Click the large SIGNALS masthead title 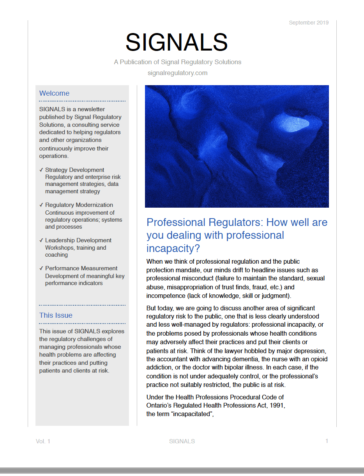point(177,42)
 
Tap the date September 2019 point(309,23)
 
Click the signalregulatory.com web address point(177,73)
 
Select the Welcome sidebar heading point(54,93)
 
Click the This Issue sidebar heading point(56,315)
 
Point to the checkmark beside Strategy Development point(41,170)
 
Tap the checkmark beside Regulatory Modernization point(41,205)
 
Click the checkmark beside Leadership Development point(41,240)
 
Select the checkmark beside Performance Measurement point(41,268)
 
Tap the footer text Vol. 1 point(43,441)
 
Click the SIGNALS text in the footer point(182,441)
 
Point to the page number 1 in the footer point(327,441)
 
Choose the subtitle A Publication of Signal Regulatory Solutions point(177,62)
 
